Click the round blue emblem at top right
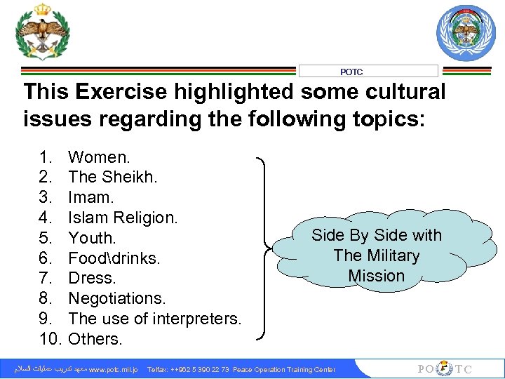[466, 33]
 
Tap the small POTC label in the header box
[351, 72]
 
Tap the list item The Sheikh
[112, 178]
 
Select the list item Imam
[91, 198]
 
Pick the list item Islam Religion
[123, 218]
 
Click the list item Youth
[92, 239]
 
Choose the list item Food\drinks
[114, 259]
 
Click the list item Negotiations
[117, 299]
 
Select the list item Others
[95, 340]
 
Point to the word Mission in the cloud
[377, 276]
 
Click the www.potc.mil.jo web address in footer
[113, 370]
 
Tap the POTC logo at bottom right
[445, 369]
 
